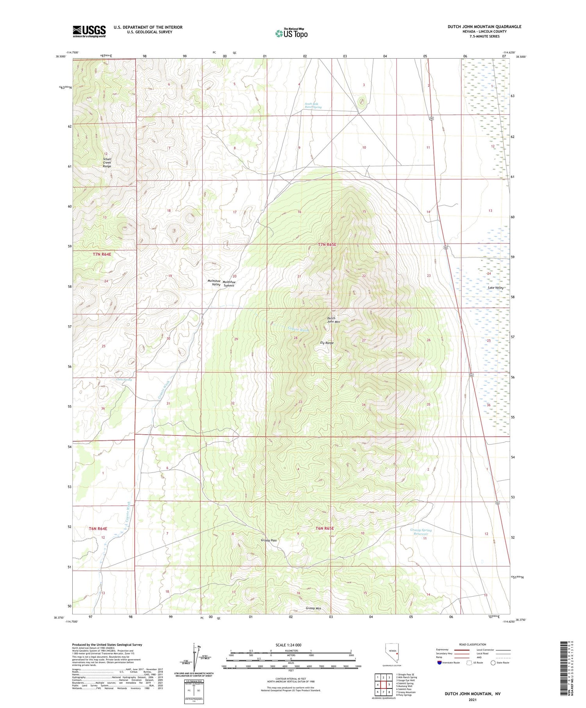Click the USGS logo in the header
coord(89,31)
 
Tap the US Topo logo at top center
coord(291,33)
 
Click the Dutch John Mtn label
coord(331,320)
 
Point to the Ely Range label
coord(327,343)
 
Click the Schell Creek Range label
coord(107,162)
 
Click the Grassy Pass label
coord(269,540)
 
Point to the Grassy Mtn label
coord(313,608)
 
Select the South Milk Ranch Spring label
coord(313,105)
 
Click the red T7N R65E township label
coord(327,244)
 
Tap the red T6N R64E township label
coord(98,528)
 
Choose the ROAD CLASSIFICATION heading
coord(473,645)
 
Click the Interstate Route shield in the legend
coord(439,663)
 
